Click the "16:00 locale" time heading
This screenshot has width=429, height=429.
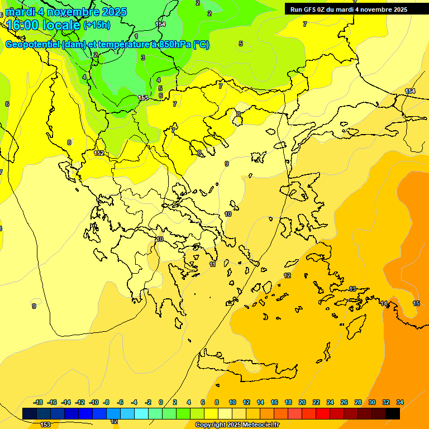[42, 25]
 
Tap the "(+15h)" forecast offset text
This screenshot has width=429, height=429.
[97, 25]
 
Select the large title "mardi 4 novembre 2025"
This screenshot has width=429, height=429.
[66, 12]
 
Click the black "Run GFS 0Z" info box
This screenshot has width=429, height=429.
[349, 9]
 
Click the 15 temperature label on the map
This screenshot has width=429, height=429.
[416, 303]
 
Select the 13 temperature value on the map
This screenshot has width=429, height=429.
[352, 289]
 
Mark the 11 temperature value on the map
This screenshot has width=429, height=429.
[213, 264]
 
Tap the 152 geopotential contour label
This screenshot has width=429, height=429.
[99, 153]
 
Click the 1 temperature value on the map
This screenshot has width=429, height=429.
[136, 36]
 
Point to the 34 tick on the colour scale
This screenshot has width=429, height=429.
[400, 402]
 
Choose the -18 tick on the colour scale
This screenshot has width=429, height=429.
[39, 402]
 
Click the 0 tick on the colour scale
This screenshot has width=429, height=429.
[161, 402]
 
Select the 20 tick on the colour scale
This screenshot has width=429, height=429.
[302, 402]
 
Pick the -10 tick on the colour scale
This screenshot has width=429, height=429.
[94, 402]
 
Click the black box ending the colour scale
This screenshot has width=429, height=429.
[393, 413]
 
